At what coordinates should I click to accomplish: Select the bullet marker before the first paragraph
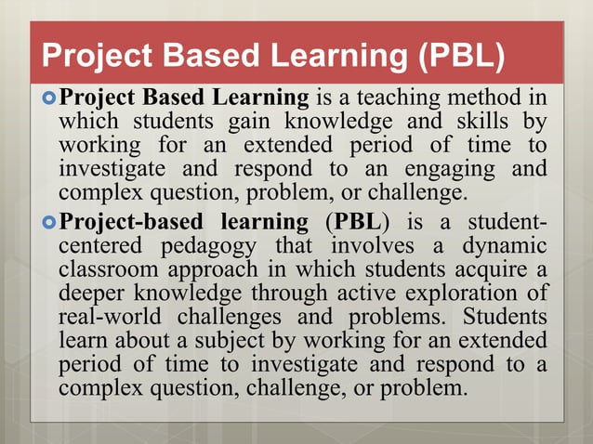(x=49, y=96)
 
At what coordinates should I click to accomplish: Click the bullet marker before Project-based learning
(x=49, y=224)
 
